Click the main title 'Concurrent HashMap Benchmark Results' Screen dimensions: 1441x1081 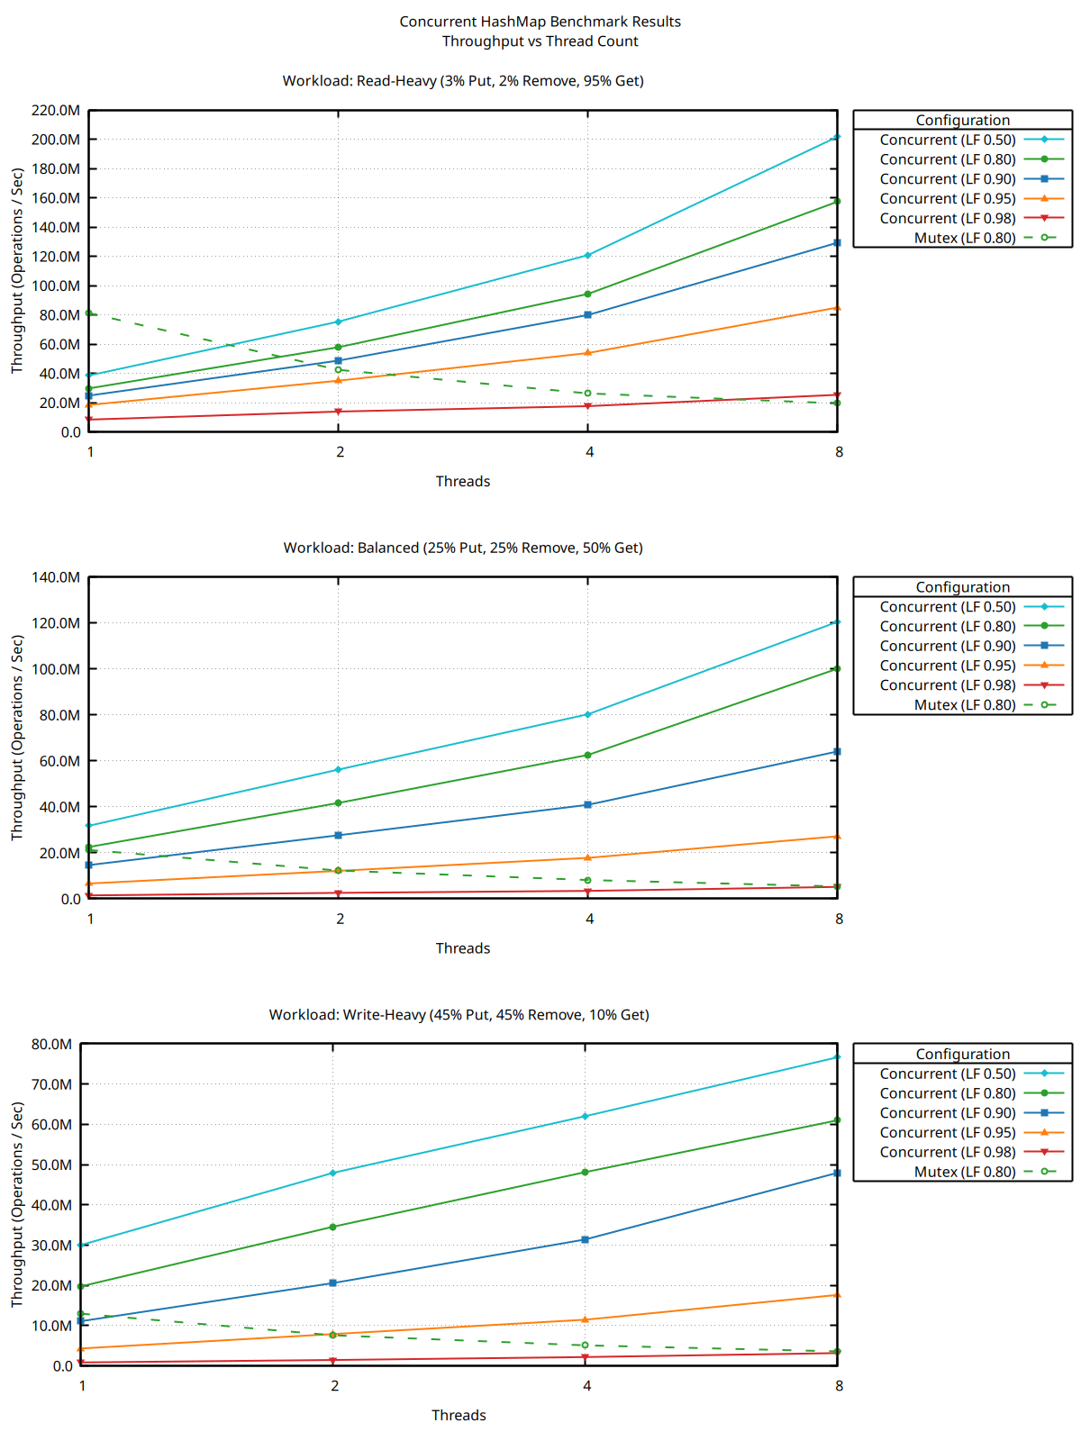pyautogui.click(x=540, y=22)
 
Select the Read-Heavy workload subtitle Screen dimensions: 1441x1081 pyautogui.click(x=463, y=81)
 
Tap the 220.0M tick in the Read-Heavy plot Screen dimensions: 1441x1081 pyautogui.click(x=57, y=111)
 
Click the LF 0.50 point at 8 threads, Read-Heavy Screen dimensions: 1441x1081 pyautogui.click(x=837, y=137)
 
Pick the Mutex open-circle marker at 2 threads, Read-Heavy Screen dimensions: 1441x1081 pyautogui.click(x=339, y=369)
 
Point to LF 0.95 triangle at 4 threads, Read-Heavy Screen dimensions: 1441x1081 pyautogui.click(x=588, y=352)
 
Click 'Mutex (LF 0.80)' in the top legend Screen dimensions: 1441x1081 pyautogui.click(x=964, y=238)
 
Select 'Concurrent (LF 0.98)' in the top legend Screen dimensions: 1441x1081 pyautogui.click(x=947, y=218)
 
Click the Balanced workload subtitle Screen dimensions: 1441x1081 pyautogui.click(x=463, y=548)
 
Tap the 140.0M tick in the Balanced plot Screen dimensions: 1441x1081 pyautogui.click(x=57, y=577)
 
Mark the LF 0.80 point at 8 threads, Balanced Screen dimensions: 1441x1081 pyautogui.click(x=837, y=668)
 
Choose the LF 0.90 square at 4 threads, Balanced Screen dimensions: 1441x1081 pyautogui.click(x=588, y=804)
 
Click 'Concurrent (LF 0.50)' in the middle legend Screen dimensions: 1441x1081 pyautogui.click(x=947, y=606)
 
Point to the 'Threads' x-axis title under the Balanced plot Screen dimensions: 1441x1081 pyautogui.click(x=463, y=948)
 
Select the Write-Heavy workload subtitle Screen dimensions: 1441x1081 pyautogui.click(x=459, y=1015)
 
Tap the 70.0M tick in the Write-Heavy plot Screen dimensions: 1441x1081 pyautogui.click(x=52, y=1084)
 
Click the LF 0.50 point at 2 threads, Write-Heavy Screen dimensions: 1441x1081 pyautogui.click(x=333, y=1173)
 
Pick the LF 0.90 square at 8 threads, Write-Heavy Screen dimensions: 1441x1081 pyautogui.click(x=837, y=1173)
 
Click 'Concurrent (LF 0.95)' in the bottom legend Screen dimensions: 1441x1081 pyautogui.click(x=947, y=1132)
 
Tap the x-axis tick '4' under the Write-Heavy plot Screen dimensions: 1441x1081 pyautogui.click(x=586, y=1386)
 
